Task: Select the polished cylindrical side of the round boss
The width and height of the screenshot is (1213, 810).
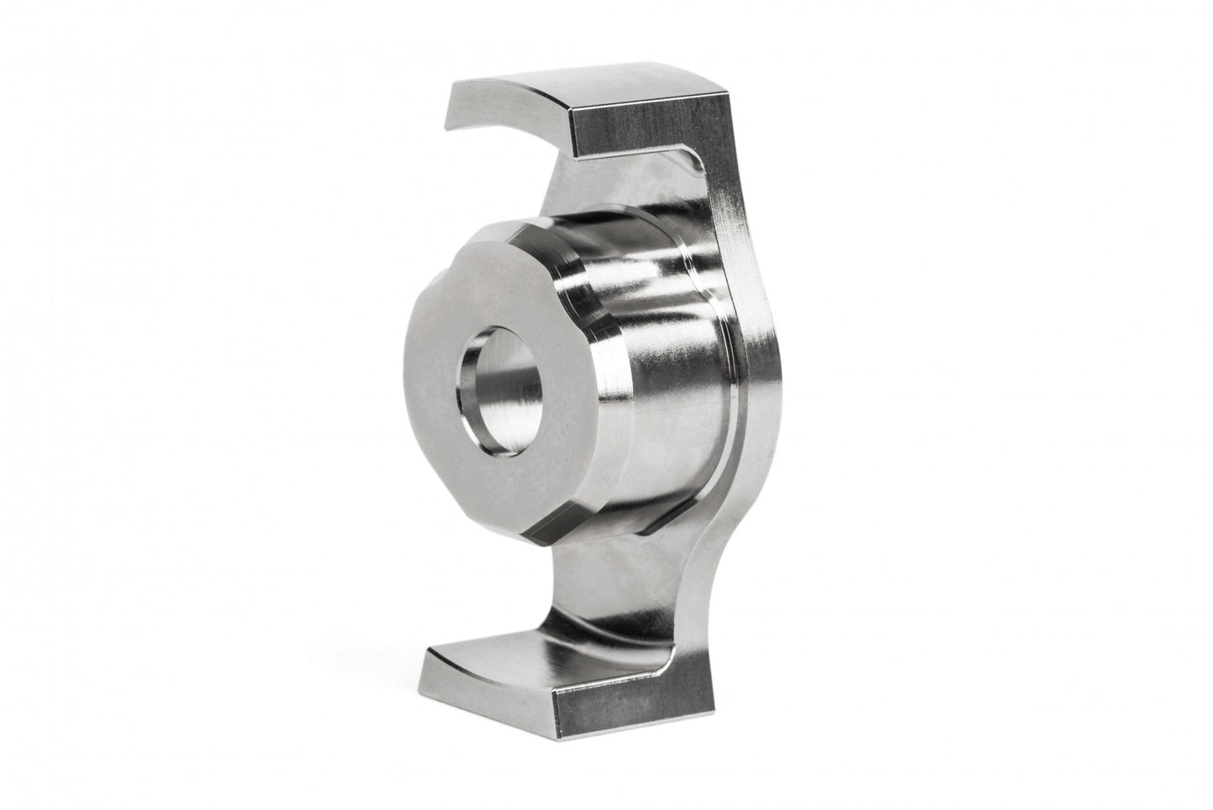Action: tap(663, 353)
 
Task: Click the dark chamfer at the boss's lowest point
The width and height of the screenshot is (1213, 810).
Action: tap(537, 537)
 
